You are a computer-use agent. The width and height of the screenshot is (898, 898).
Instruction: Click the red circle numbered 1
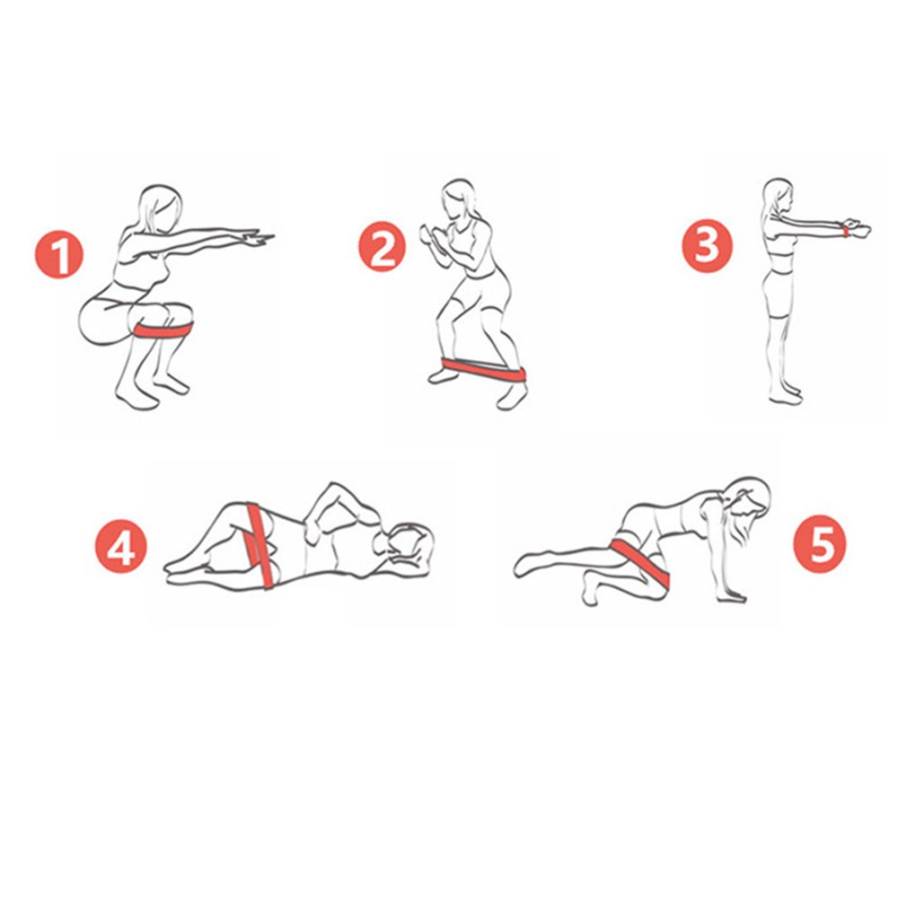(59, 254)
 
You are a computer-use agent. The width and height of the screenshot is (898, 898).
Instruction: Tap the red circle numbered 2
(382, 246)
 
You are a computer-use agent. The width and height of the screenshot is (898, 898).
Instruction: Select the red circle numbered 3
(707, 246)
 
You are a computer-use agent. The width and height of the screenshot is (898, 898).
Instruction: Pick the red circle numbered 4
(121, 546)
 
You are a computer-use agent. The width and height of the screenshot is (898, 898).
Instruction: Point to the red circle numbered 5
(820, 544)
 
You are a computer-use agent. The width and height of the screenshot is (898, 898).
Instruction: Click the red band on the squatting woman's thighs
(163, 331)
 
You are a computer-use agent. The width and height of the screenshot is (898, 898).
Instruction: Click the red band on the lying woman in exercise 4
(260, 546)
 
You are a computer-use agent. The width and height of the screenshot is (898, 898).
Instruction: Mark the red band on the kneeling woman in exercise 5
(640, 563)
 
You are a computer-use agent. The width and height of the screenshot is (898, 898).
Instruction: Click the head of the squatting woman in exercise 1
(161, 209)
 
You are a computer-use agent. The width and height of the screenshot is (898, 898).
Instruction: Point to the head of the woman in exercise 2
(460, 199)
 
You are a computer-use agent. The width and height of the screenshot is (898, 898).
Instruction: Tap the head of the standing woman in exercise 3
(779, 197)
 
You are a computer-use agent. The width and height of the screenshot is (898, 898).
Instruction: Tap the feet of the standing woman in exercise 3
(785, 394)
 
